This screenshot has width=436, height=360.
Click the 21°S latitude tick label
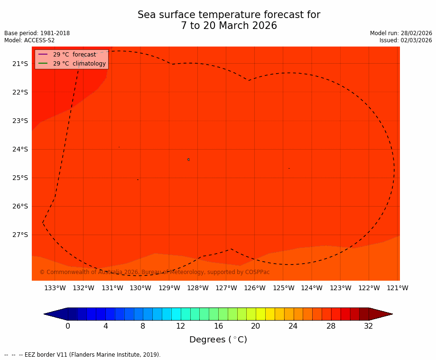pyautogui.click(x=20, y=64)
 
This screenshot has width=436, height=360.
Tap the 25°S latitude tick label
pyautogui.click(x=20, y=178)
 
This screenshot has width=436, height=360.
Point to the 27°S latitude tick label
pyautogui.click(x=20, y=235)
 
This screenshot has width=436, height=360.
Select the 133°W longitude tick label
pyautogui.click(x=55, y=288)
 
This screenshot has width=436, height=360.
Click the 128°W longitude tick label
pyautogui.click(x=198, y=288)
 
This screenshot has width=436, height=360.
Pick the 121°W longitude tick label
pyautogui.click(x=398, y=288)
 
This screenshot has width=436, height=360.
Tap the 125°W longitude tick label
pyautogui.click(x=283, y=288)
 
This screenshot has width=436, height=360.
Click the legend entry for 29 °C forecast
pyautogui.click(x=74, y=55)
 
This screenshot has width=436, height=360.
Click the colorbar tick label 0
pyautogui.click(x=68, y=326)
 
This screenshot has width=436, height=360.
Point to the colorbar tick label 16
pyautogui.click(x=218, y=326)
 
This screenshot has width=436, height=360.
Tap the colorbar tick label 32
pyautogui.click(x=369, y=326)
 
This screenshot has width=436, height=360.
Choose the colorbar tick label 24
pyautogui.click(x=293, y=326)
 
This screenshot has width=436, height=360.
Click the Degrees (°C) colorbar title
pyautogui.click(x=218, y=340)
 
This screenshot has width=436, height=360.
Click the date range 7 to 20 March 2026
pyautogui.click(x=229, y=26)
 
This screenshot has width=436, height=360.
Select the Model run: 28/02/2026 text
pyautogui.click(x=401, y=33)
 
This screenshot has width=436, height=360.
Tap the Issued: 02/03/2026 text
pyautogui.click(x=406, y=40)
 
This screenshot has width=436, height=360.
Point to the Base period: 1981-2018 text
pyautogui.click(x=37, y=33)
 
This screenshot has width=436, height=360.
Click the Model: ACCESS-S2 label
pyautogui.click(x=29, y=40)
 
